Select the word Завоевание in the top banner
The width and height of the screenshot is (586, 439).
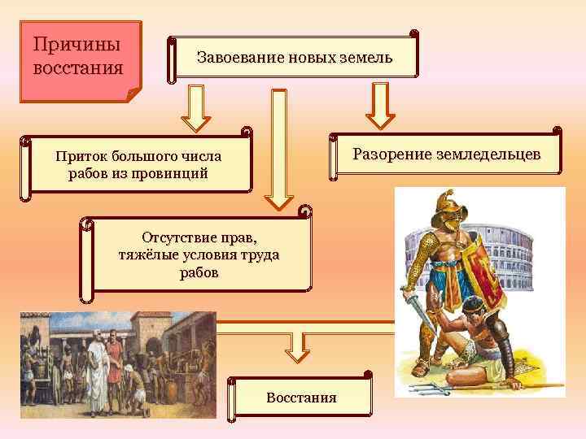[x=236, y=59]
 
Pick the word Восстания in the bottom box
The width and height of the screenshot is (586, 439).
[x=300, y=398]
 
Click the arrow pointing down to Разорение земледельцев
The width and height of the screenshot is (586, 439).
[x=379, y=107]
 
